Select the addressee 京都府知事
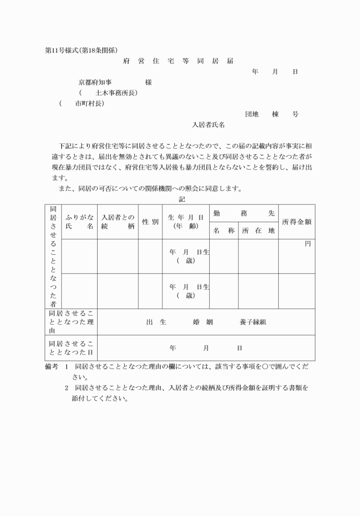(99, 82)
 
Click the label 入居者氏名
(208, 124)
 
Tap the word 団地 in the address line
(252, 114)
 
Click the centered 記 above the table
(181, 199)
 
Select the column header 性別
(150, 222)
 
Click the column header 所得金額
(297, 221)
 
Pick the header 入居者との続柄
(117, 222)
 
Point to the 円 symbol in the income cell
(307, 244)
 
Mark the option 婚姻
(202, 322)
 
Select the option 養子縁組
(253, 322)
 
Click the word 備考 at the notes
(52, 366)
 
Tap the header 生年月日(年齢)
(186, 222)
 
